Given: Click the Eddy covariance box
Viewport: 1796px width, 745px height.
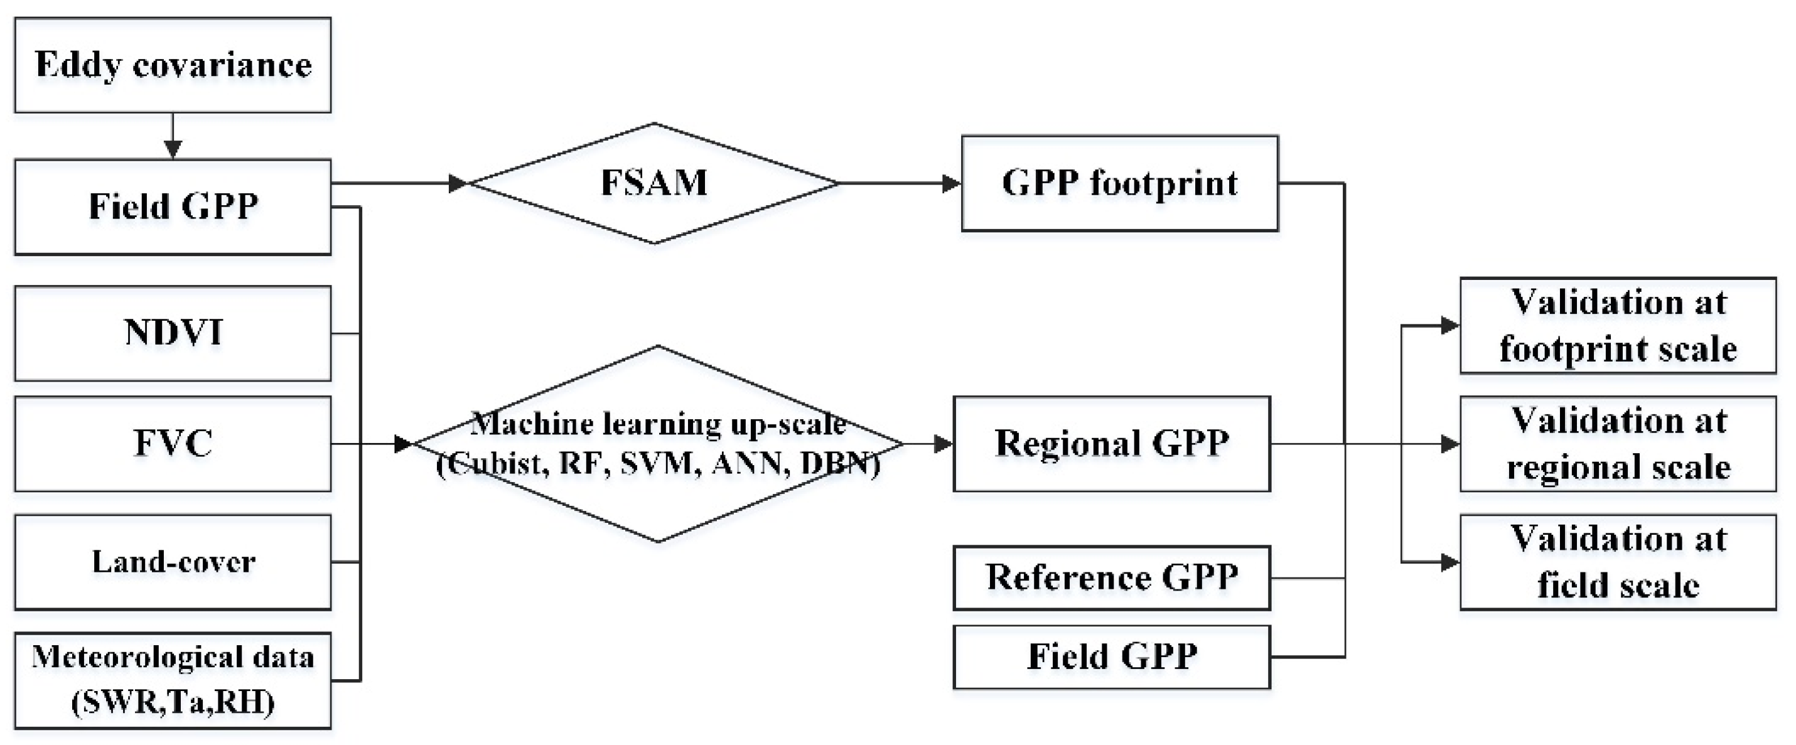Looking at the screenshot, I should click(x=173, y=65).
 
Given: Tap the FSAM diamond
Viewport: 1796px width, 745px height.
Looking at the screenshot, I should click(x=654, y=183).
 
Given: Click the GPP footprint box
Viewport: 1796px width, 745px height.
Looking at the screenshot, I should click(x=1120, y=183).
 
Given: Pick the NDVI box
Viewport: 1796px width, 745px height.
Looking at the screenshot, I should click(x=173, y=333).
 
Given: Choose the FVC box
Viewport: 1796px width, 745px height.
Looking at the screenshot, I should click(x=173, y=444).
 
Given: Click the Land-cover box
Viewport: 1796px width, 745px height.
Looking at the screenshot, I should click(x=173, y=562).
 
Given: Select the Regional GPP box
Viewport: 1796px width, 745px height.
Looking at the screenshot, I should click(x=1111, y=444).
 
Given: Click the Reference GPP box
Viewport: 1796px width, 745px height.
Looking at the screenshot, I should click(x=1111, y=578).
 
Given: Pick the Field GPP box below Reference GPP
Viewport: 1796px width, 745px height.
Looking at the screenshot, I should click(x=1111, y=657).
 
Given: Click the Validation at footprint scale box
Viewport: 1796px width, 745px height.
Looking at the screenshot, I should click(x=1618, y=326).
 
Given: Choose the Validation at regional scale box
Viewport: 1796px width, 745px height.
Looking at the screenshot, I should click(x=1618, y=444).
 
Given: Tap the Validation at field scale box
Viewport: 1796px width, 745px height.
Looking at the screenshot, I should click(x=1618, y=562).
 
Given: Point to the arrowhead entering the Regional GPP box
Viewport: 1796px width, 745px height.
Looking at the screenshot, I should click(x=944, y=444).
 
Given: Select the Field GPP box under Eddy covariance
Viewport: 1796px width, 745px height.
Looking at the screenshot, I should click(x=173, y=207).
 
